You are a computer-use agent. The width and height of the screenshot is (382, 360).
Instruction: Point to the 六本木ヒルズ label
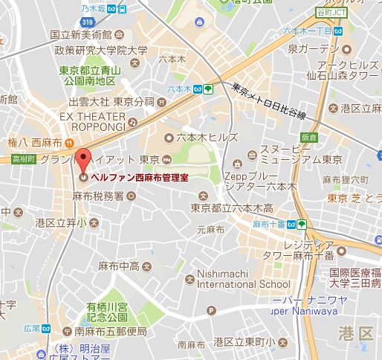pyautogui.click(x=207, y=138)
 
